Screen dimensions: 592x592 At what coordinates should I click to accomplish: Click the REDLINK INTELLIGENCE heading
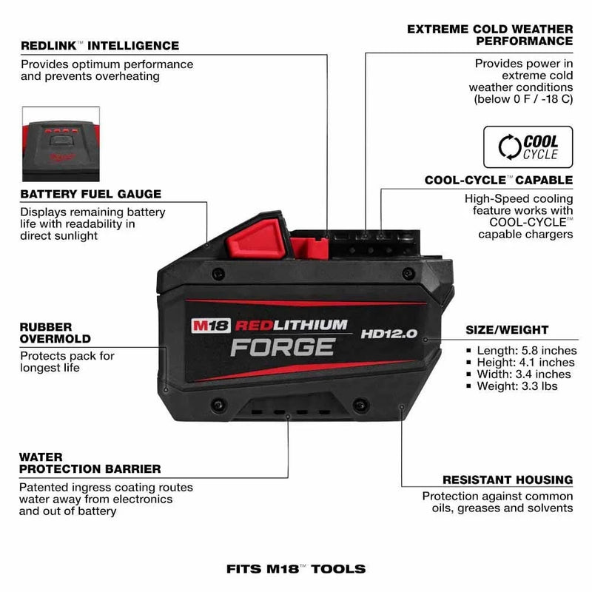100,46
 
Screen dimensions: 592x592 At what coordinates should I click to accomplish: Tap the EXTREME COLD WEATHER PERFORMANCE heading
490,36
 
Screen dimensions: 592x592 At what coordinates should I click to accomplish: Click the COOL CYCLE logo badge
528,147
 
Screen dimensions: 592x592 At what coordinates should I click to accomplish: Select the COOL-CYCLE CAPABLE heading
499,180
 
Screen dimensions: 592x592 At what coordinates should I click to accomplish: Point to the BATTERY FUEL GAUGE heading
91,194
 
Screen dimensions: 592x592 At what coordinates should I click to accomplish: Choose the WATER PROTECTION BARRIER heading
90,463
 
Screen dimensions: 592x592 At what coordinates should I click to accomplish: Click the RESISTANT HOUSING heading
508,480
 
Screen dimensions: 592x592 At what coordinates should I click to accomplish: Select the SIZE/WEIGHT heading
507,329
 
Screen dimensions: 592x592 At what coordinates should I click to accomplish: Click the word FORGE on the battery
282,346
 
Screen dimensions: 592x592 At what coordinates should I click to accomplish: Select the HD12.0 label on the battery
389,334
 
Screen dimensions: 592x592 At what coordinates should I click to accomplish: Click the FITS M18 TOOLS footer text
296,569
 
